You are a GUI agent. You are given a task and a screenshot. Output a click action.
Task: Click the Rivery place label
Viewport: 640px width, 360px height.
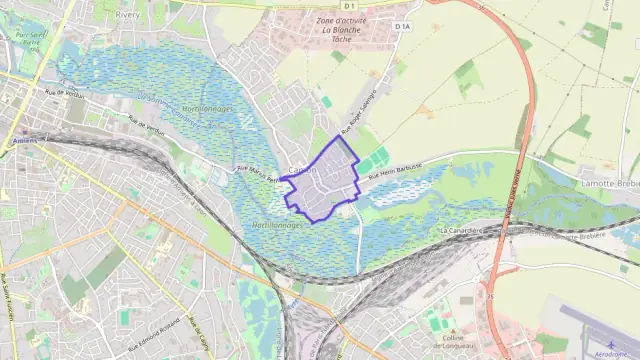coord(128,16)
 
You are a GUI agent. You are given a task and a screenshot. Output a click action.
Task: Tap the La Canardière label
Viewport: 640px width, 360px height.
coord(462,229)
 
